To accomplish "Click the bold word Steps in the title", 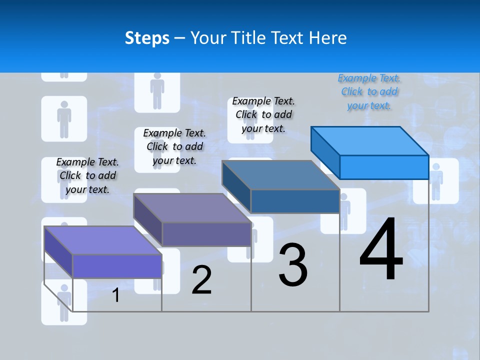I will pyautogui.click(x=147, y=38).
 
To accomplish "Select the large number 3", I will pyautogui.click(x=293, y=265).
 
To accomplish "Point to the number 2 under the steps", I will pyautogui.click(x=201, y=280).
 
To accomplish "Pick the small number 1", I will pyautogui.click(x=115, y=295).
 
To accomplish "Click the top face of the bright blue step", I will pyautogui.click(x=369, y=140).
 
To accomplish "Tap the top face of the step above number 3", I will pyautogui.click(x=280, y=174).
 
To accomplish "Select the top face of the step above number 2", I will pyautogui.click(x=191, y=207).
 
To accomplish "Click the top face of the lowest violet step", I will pyautogui.click(x=102, y=240).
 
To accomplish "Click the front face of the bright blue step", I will pyautogui.click(x=384, y=167).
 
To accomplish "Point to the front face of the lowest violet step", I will pyautogui.click(x=117, y=266).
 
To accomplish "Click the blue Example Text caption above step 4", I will pyautogui.click(x=369, y=92).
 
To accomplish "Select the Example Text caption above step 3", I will pyautogui.click(x=263, y=114).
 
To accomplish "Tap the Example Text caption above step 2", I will pyautogui.click(x=174, y=146).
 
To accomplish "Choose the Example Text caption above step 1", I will pyautogui.click(x=87, y=175).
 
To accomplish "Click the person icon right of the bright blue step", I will pyautogui.click(x=436, y=181).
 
